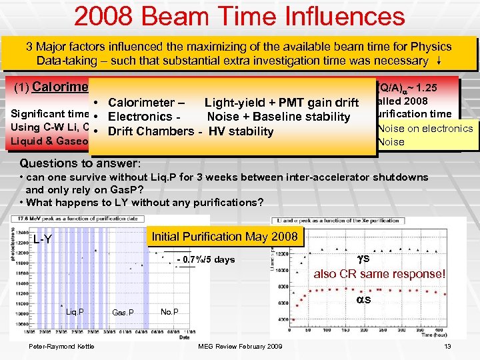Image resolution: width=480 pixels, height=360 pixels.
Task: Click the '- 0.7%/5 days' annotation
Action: pyautogui.click(x=205, y=259)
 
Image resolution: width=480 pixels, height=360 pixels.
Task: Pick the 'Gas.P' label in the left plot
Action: pyautogui.click(x=123, y=312)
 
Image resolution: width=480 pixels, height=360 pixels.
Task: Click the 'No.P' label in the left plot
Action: pyautogui.click(x=169, y=311)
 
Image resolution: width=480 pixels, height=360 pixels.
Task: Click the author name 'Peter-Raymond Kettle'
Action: pyautogui.click(x=61, y=345)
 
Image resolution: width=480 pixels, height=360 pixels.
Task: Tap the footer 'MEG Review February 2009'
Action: pyautogui.click(x=240, y=345)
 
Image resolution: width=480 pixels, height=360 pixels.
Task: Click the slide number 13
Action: pyautogui.click(x=447, y=345)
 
